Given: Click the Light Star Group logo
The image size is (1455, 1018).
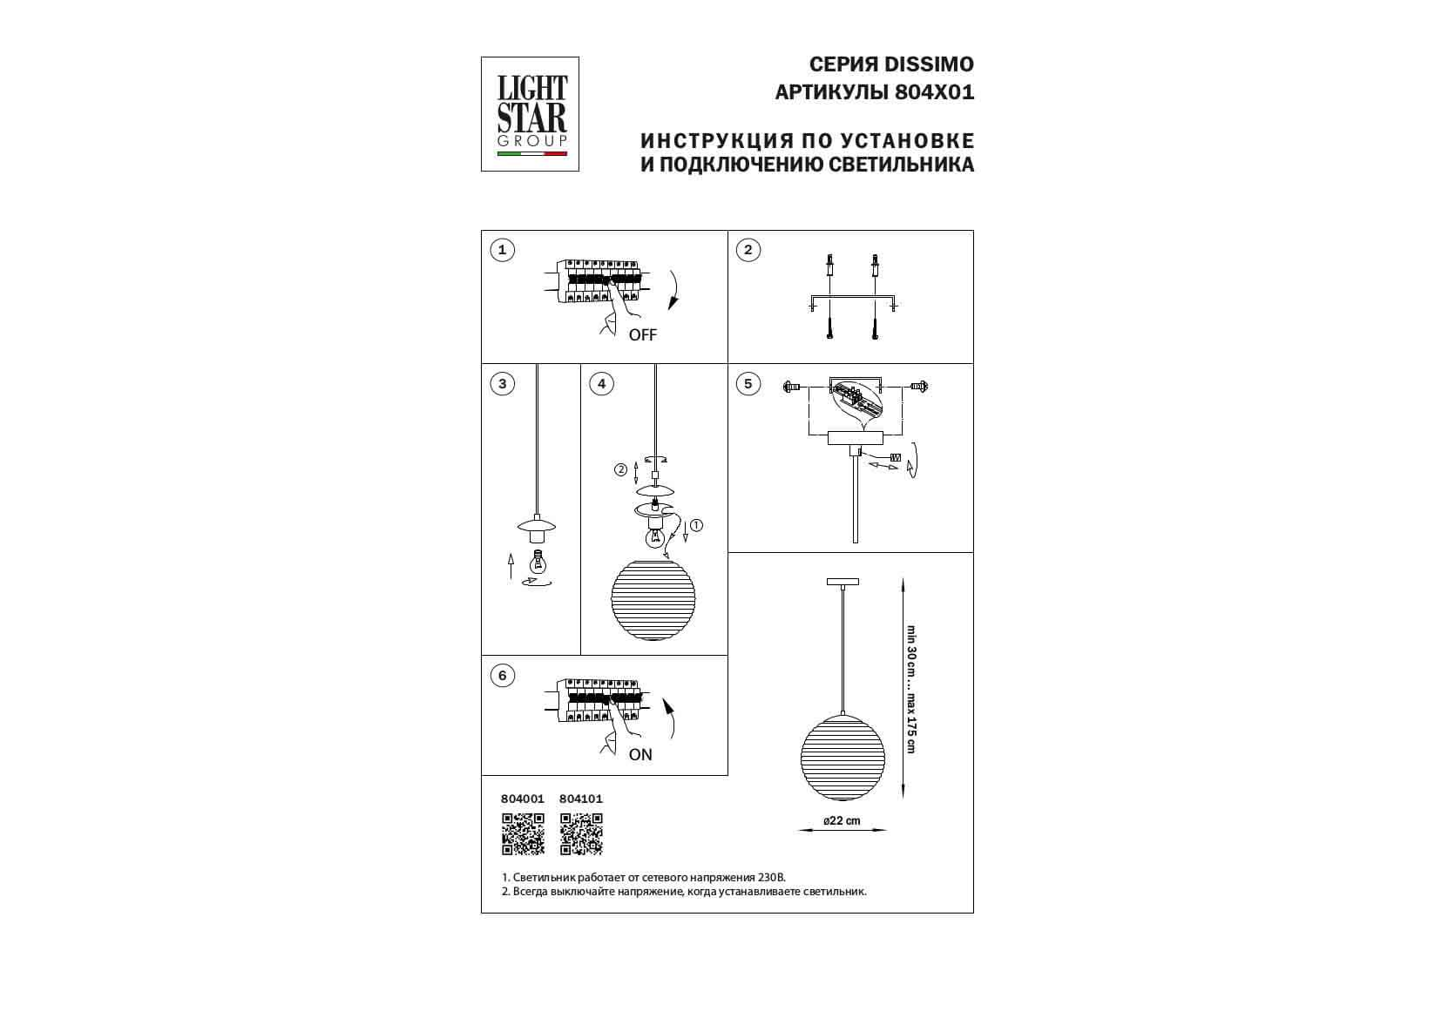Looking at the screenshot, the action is (530, 114).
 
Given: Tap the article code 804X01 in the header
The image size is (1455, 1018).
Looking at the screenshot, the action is (935, 93).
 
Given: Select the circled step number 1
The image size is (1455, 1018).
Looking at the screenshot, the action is (502, 250).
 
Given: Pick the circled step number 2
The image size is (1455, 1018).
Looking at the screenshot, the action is (748, 250).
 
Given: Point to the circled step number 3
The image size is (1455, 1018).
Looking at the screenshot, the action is (502, 384).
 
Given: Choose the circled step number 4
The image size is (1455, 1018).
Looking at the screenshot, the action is (601, 384).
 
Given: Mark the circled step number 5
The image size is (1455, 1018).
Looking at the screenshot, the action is (748, 384).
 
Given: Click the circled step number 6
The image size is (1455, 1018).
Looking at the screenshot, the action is (502, 675).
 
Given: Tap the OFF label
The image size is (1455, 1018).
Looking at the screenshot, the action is (642, 335).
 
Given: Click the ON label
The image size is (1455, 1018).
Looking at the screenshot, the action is (640, 754).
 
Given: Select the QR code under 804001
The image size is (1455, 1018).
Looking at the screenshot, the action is (523, 834).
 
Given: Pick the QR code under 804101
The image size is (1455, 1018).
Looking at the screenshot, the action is (581, 834).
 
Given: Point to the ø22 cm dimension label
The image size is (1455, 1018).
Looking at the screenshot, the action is (842, 820).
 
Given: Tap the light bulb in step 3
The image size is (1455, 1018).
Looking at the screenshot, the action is (538, 563).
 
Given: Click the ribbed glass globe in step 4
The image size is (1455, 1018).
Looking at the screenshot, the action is (653, 601).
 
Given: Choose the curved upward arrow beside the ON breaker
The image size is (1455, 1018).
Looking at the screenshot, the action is (670, 718).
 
